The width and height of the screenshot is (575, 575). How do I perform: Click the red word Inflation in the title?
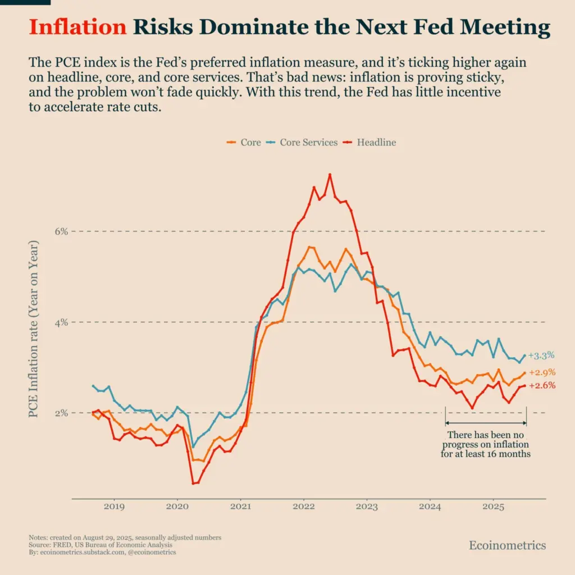point(77,28)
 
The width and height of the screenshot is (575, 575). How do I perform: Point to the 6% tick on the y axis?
point(61,231)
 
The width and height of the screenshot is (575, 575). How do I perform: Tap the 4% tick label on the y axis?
point(61,322)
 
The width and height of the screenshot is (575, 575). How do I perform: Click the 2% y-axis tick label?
point(61,413)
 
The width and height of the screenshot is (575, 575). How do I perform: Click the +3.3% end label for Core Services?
point(541,355)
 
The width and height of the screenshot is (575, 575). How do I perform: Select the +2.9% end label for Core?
point(542,372)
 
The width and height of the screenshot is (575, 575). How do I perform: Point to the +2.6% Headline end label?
point(542,385)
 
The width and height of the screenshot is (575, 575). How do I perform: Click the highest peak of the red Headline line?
point(330,175)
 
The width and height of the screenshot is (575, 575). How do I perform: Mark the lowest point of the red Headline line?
point(193,483)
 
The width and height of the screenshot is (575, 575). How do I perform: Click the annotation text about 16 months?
point(486,444)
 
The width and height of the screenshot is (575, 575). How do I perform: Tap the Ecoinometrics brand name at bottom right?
point(507,545)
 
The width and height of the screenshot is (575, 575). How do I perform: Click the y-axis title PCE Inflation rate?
point(34,330)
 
